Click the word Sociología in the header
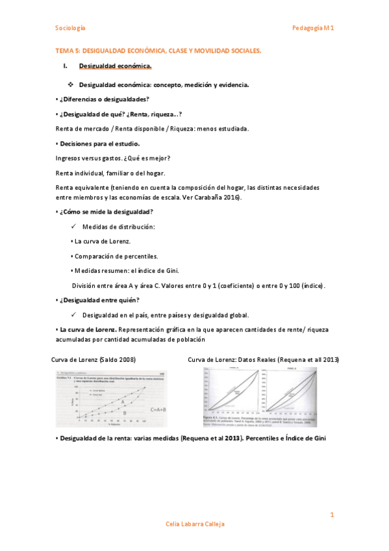pos(70,28)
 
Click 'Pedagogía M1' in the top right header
pos(312,28)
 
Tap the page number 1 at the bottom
pos(332,515)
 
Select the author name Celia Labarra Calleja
pos(194,524)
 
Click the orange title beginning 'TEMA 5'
pos(158,49)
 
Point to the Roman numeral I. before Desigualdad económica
pos(65,66)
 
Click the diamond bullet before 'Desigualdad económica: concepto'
pos(71,85)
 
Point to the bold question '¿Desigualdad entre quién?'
pos(99,300)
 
